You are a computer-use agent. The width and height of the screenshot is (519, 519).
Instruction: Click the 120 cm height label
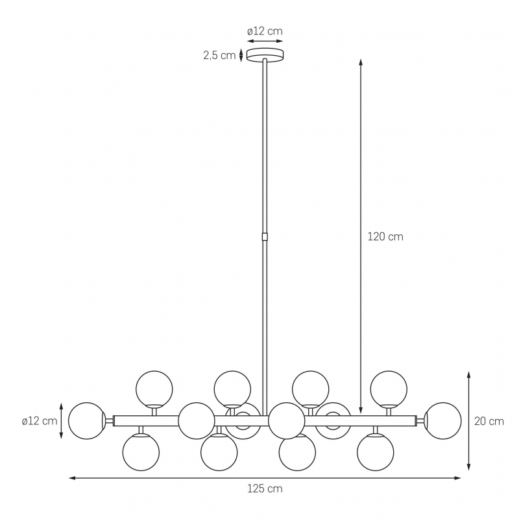[385, 237]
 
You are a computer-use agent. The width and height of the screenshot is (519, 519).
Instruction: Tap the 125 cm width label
[265, 489]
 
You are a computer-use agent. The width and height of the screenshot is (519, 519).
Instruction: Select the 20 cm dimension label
[489, 421]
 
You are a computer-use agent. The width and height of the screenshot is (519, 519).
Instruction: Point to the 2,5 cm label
[219, 55]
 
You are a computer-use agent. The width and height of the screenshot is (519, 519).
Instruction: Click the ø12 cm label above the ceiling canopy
[265, 31]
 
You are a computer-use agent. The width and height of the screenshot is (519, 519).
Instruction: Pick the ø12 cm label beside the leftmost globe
[40, 421]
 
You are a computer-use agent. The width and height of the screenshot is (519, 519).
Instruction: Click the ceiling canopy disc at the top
[265, 55]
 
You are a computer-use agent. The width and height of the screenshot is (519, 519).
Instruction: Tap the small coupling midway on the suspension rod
[265, 237]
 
